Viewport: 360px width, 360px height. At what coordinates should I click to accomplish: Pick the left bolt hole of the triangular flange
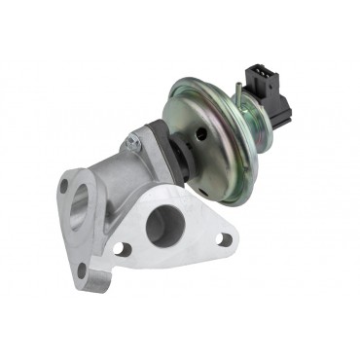(122, 249)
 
